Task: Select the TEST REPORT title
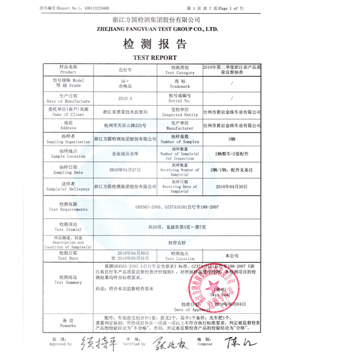[x=155, y=57]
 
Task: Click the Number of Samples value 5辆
[x=232, y=139]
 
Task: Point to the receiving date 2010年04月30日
[x=232, y=187]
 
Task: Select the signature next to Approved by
[x=93, y=341]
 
